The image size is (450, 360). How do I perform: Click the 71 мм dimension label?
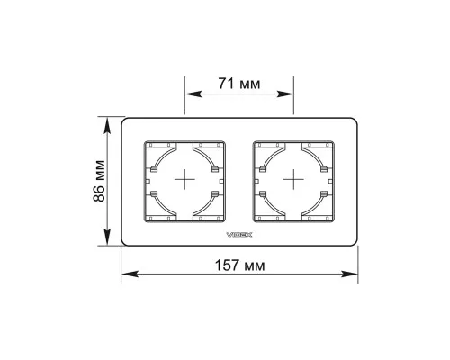[x=239, y=84]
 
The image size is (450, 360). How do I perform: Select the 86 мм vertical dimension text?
[x=99, y=181]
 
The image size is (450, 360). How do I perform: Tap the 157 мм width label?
[x=240, y=265]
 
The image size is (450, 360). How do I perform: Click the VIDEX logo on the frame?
[x=238, y=235]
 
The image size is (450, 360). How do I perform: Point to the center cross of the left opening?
[x=184, y=179]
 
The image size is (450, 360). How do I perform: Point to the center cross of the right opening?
[x=293, y=179]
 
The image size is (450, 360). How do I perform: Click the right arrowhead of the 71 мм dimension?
[x=285, y=94]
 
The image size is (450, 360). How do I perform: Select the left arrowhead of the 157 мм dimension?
[x=130, y=274]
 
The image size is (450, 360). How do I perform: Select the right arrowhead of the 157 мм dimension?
[x=349, y=274]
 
